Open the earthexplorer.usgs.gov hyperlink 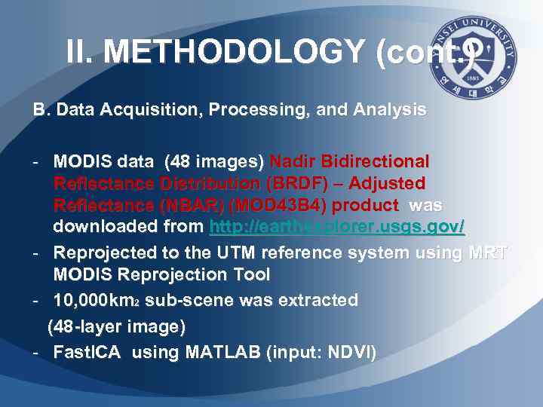point(336,227)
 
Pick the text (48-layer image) point(116,327)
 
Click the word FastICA point(86,353)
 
